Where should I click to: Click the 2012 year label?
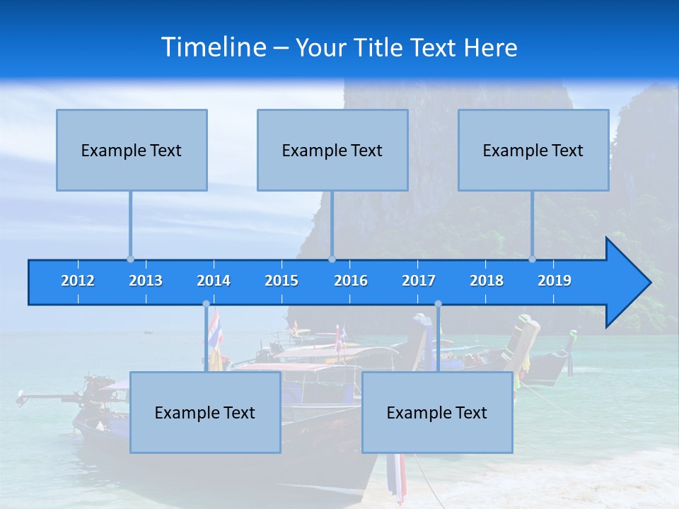pos(78,281)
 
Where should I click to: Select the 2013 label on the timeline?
pos(146,281)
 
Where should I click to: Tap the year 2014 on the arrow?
pos(214,281)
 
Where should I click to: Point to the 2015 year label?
pos(282,281)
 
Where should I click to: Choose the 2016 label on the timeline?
pos(351,281)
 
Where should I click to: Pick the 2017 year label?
pos(419,281)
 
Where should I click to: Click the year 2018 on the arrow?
pos(487,281)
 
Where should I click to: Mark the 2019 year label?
pos(555,281)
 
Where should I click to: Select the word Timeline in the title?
pos(213,47)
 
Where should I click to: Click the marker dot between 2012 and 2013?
pos(130,259)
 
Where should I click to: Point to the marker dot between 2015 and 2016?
pos(332,259)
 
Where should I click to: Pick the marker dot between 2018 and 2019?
pos(533,259)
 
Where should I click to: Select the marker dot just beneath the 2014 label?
pos(206,304)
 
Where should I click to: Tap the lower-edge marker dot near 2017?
pos(438,304)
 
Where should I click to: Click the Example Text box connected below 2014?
pos(205,413)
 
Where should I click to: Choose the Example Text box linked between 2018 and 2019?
pos(533,151)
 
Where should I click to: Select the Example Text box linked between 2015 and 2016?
pos(332,151)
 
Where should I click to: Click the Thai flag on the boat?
pos(214,327)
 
